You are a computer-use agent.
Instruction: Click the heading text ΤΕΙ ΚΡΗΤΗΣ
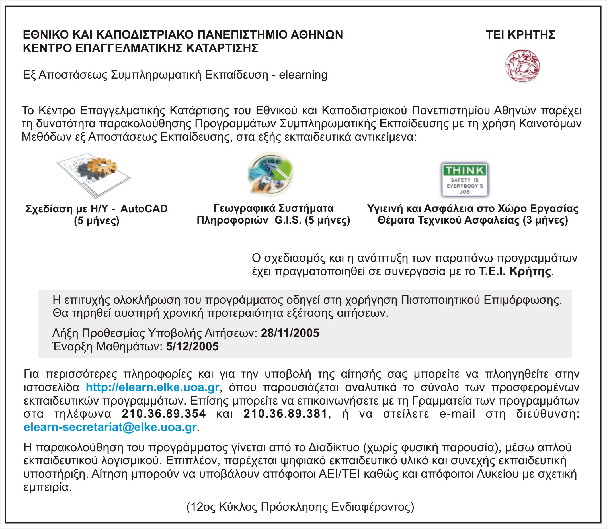520,35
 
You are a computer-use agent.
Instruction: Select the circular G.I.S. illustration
270,174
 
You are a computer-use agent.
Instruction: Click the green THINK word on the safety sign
464,170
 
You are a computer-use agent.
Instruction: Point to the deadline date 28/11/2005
290,333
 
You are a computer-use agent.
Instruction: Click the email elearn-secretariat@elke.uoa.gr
110,427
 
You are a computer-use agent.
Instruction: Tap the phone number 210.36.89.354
164,414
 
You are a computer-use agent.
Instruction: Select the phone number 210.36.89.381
285,414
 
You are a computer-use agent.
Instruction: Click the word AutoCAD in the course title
144,209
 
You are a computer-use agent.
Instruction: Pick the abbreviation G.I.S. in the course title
288,220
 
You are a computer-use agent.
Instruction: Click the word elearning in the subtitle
303,75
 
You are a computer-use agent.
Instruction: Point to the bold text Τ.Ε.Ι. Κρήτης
515,271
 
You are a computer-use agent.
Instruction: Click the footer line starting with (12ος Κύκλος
300,507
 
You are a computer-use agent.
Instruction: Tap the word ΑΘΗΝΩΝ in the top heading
317,35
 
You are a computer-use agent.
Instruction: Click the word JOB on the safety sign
464,192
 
